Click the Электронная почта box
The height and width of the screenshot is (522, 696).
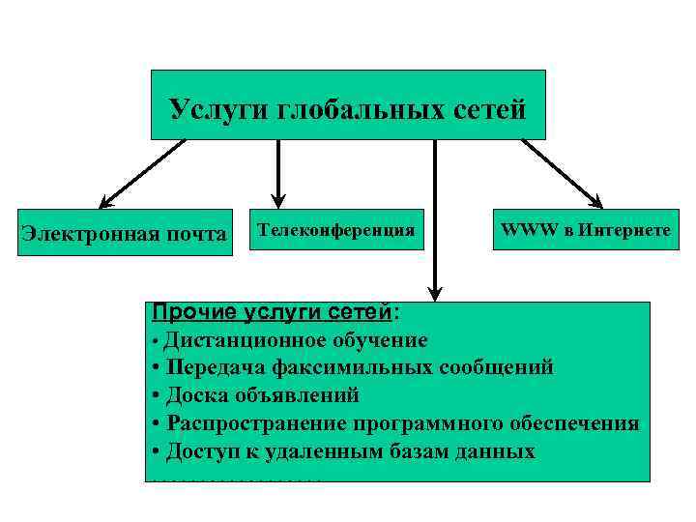pos(126,233)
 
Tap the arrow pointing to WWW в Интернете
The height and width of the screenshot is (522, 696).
pos(561,174)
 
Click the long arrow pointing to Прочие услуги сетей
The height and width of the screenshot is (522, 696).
pos(436,222)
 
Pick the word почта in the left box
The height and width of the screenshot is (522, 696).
pos(197,233)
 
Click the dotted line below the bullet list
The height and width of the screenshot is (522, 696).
pos(237,478)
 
